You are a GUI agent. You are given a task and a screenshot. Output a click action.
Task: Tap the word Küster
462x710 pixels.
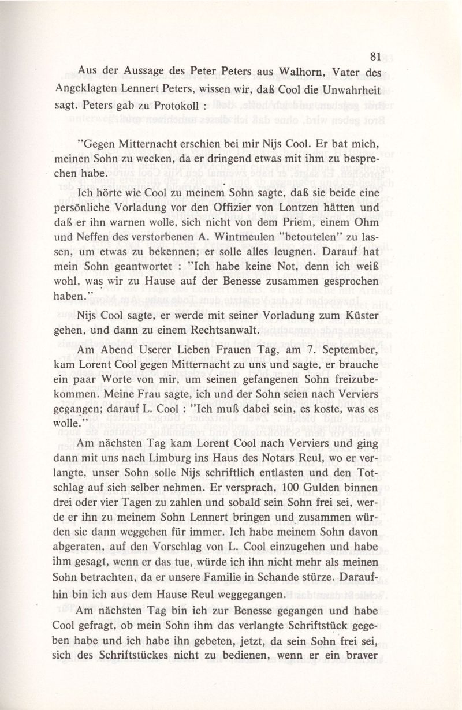(364, 315)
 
